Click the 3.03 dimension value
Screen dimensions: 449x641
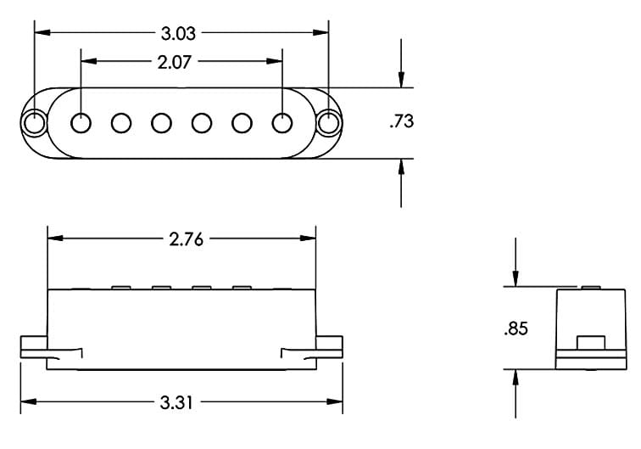pos(178,34)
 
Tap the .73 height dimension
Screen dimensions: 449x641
pos(401,122)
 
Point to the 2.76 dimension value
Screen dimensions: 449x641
pos(187,239)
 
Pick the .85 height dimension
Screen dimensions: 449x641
pos(515,328)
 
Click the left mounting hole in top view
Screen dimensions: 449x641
pos(34,123)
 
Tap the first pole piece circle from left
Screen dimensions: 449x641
pos(81,123)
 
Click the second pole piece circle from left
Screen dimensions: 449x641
pos(121,123)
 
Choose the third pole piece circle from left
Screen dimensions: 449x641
pos(161,123)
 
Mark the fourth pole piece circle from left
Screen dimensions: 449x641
pos(201,123)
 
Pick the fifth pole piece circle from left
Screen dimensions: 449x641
pos(242,123)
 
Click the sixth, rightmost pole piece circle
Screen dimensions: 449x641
pos(281,123)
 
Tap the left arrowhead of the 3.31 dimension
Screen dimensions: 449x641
pos(27,402)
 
